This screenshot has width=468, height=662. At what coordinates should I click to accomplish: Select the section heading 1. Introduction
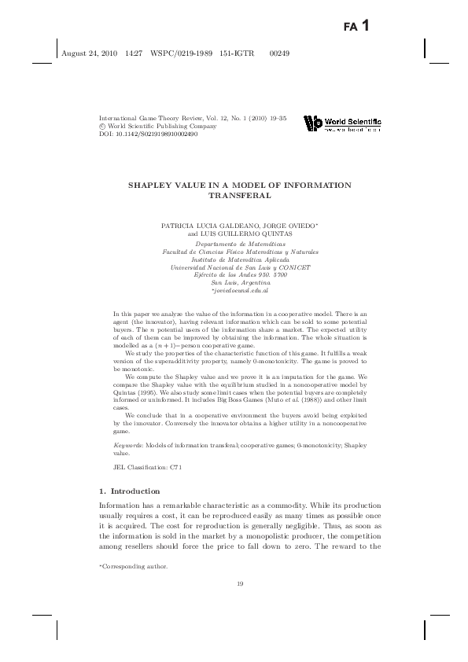pyautogui.click(x=130, y=491)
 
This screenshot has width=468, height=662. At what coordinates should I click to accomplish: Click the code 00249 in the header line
pyautogui.click(x=279, y=53)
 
